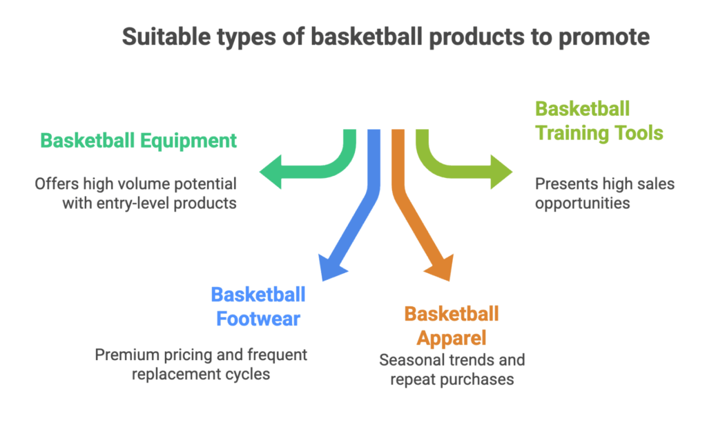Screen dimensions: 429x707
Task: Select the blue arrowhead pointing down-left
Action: point(331,265)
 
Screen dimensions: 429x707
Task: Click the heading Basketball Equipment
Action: point(138,141)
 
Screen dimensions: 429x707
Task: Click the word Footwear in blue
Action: point(258,319)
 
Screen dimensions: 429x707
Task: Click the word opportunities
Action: point(583,203)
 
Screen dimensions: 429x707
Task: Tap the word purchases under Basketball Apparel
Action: point(478,379)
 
